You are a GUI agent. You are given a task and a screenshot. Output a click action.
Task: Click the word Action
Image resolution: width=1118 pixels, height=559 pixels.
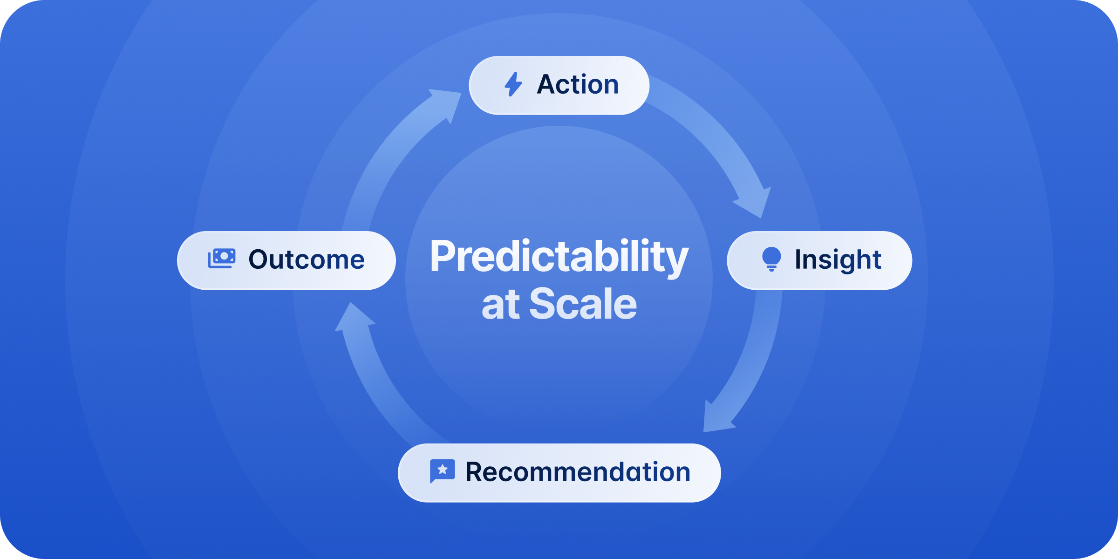[x=578, y=84]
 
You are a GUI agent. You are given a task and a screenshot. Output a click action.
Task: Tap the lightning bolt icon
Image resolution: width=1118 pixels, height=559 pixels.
[x=513, y=84]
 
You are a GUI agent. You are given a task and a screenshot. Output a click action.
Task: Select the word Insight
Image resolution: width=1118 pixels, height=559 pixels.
[x=838, y=260]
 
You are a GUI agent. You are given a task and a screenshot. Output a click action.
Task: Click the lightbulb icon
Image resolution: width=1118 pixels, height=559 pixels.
[x=771, y=259]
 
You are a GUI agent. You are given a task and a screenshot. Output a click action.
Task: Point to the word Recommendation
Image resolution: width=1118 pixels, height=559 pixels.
[x=578, y=472]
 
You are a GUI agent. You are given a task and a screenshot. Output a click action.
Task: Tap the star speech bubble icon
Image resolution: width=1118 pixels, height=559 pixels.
[x=442, y=471]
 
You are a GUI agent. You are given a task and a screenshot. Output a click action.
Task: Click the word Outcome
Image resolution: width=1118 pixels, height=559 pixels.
[x=307, y=259]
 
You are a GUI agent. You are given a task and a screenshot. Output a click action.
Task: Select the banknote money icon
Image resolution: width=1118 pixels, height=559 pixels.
[x=222, y=259]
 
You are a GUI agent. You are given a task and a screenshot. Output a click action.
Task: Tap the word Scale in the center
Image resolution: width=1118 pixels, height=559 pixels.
[x=583, y=304]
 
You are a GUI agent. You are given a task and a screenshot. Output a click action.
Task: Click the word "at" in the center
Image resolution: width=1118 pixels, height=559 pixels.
[x=501, y=305]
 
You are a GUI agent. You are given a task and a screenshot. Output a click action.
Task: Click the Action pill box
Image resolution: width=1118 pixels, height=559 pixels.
[x=559, y=85]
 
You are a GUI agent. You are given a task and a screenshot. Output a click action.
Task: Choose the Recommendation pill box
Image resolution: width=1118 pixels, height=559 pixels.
[x=559, y=473]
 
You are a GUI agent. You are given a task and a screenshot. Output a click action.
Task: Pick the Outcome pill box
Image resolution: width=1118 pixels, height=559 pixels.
[x=286, y=260]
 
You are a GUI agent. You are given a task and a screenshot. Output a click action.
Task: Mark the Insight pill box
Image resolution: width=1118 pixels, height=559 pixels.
[x=819, y=260]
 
